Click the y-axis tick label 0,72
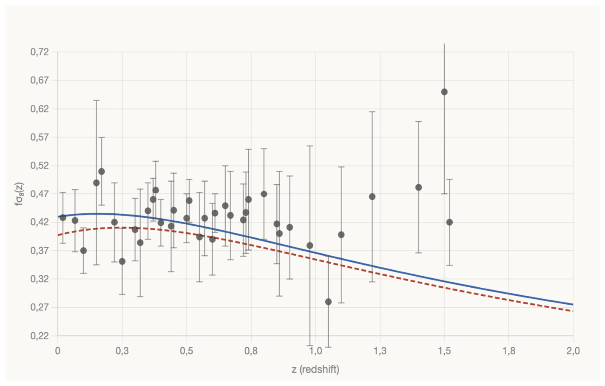tap(40, 52)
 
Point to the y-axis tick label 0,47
tap(40, 194)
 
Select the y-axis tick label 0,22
tap(40, 336)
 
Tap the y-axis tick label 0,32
tap(40, 279)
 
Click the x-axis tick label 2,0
tap(573, 351)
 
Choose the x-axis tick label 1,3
tap(380, 351)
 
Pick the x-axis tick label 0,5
tap(186, 351)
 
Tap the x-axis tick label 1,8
tap(508, 351)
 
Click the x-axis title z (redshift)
tap(315, 369)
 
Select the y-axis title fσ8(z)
tap(20, 194)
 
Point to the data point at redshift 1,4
tap(418, 187)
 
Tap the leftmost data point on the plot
tap(62, 217)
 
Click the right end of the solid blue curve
tap(573, 305)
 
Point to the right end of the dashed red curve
tap(573, 312)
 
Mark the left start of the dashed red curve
tap(58, 235)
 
